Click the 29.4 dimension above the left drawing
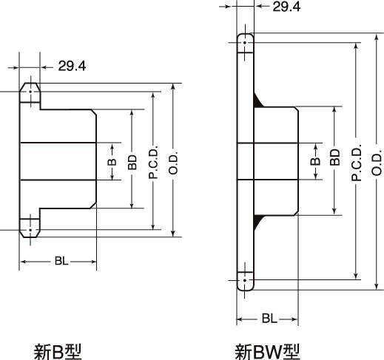(72, 66)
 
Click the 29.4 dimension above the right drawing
(286, 7)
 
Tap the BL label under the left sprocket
(61, 261)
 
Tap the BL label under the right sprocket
(269, 319)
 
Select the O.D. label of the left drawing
(173, 162)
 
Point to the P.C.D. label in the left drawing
(153, 162)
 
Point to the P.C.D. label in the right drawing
(356, 163)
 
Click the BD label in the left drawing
(132, 162)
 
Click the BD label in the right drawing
(334, 157)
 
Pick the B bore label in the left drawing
(112, 162)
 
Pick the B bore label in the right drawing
(315, 161)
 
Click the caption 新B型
(58, 352)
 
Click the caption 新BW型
(267, 352)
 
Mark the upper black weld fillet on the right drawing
(257, 101)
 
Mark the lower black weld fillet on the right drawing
(257, 222)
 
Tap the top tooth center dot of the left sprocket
(30, 92)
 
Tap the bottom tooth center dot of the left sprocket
(30, 230)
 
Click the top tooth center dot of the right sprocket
(245, 43)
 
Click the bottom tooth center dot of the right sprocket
(245, 280)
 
